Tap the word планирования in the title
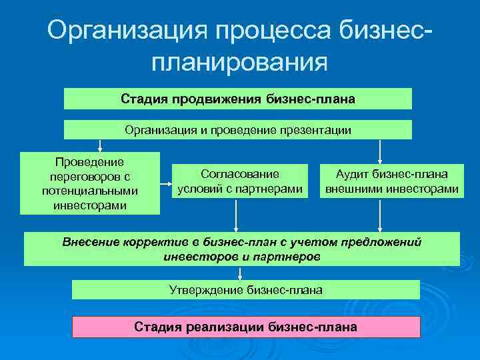coord(239,63)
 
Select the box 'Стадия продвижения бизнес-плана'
coord(238,99)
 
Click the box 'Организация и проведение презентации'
coord(238,130)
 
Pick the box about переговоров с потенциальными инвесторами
coord(90,183)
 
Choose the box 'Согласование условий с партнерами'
coord(240,181)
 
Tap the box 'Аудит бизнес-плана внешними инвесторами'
coord(391,181)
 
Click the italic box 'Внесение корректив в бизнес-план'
coord(241,249)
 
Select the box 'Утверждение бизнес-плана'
coord(245,290)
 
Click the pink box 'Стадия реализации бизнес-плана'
coord(246,327)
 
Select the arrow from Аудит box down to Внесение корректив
coord(380,215)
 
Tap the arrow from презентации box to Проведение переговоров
coord(100,145)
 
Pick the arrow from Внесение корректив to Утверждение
coord(240,273)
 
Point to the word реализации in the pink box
coord(230,327)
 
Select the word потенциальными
coord(90,191)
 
